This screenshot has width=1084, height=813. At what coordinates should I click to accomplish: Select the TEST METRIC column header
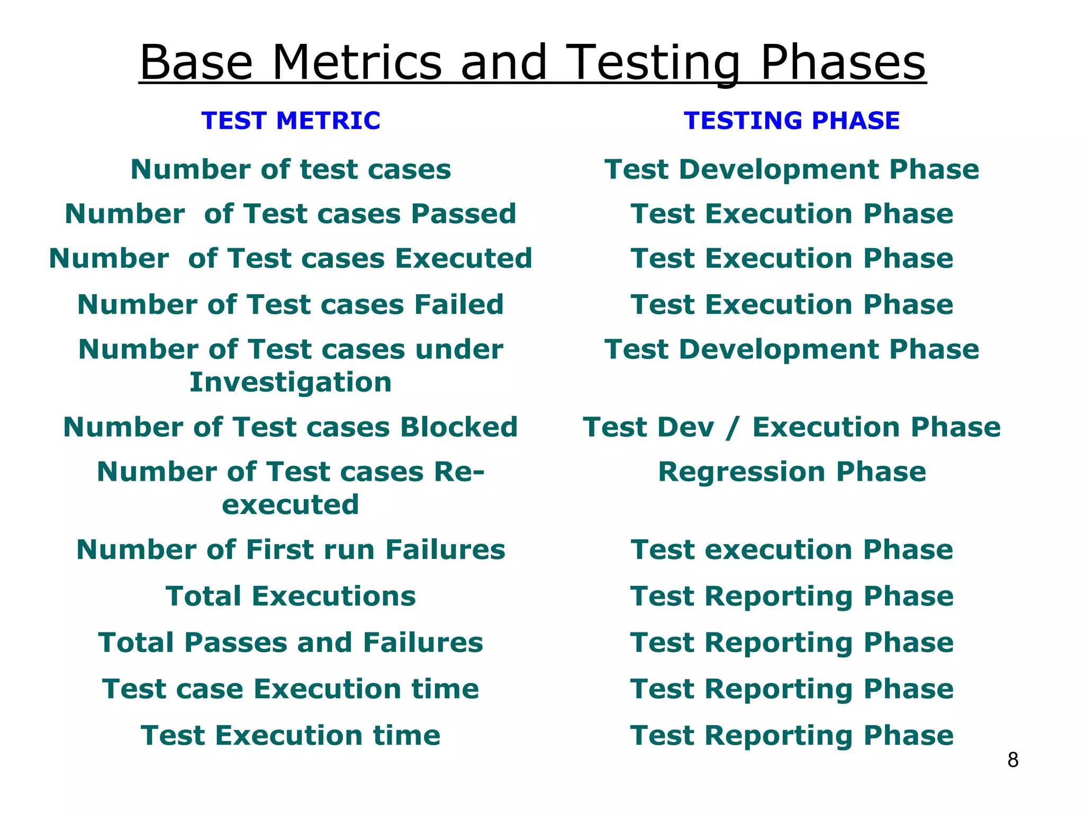(291, 121)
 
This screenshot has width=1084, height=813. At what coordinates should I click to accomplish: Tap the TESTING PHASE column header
(791, 121)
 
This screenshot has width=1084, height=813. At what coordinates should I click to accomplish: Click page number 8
(1013, 760)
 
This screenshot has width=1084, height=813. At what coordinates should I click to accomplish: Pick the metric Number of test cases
(291, 169)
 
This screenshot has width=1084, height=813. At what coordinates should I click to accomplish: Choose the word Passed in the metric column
(464, 214)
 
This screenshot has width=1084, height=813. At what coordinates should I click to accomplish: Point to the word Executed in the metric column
(464, 258)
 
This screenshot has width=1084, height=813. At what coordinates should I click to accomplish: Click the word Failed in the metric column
(458, 304)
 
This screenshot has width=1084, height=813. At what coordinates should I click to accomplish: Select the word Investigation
(291, 382)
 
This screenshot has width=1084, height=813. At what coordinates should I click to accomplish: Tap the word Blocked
(458, 427)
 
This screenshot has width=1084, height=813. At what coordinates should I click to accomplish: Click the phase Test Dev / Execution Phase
(791, 427)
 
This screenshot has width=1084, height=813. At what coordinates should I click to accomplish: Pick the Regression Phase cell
(791, 472)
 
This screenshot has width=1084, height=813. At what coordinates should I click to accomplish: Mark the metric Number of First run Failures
(291, 549)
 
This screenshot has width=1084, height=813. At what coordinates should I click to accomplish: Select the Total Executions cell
(291, 596)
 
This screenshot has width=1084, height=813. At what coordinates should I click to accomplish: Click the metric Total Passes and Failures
(291, 643)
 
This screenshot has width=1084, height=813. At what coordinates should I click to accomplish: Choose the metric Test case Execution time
(291, 689)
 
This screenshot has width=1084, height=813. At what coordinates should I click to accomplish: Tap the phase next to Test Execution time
(791, 735)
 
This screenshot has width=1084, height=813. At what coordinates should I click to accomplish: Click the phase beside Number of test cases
(791, 169)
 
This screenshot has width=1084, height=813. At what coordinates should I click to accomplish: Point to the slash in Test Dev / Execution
(733, 428)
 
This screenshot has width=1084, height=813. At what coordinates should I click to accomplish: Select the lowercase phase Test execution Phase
(791, 549)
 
